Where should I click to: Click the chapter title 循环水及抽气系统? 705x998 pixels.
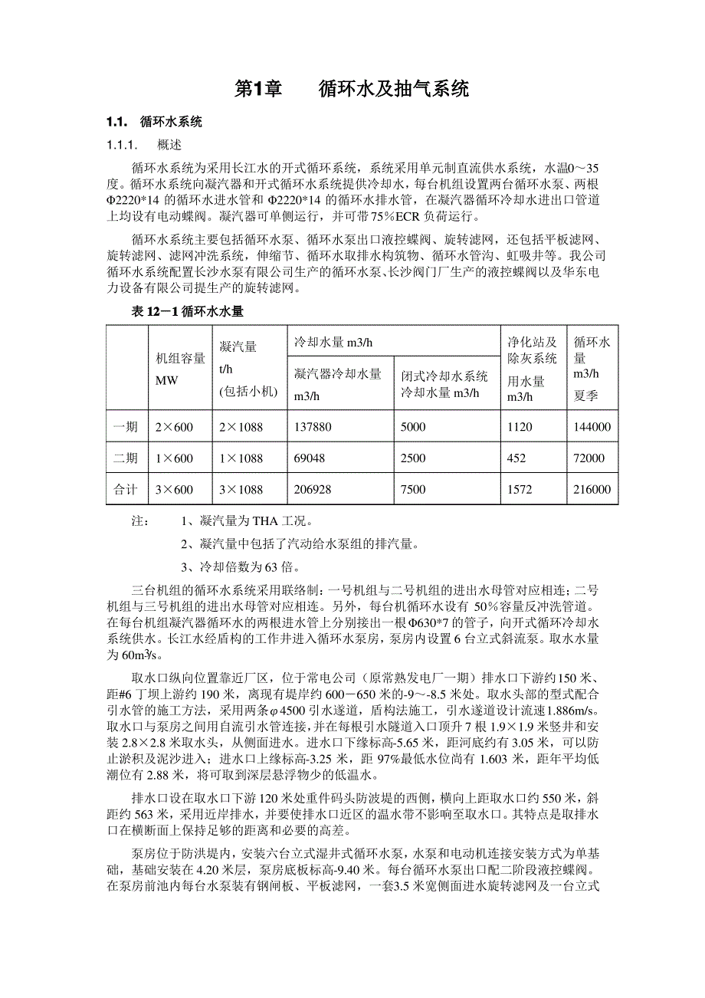tap(393, 90)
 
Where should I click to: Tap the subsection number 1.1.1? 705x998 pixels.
tap(121, 144)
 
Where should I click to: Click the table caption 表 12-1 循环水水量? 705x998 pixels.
tap(189, 311)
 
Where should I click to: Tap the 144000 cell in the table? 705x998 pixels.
tap(592, 427)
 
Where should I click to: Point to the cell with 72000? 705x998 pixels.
tap(589, 458)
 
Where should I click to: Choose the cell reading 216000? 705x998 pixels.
tap(592, 490)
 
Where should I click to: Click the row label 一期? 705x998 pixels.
tap(126, 427)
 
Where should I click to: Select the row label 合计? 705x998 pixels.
tap(126, 490)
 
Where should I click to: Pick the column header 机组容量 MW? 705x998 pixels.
tap(180, 369)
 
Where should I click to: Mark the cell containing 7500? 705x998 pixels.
tap(413, 490)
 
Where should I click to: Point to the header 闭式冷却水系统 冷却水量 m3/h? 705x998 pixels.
tap(444, 384)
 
